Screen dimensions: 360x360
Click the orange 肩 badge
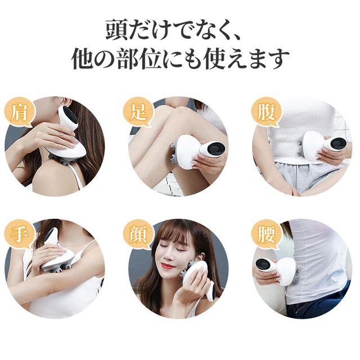tap(18, 112)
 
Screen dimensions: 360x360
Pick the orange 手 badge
tap(18, 235)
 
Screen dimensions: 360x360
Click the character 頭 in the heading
tap(118, 29)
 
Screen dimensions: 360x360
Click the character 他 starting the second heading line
tap(83, 58)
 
